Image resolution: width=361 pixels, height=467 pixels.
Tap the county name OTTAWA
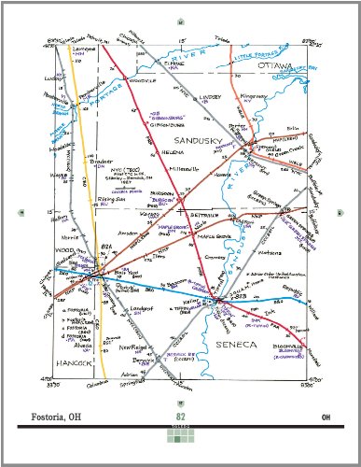(276, 66)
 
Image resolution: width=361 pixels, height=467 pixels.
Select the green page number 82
(181, 416)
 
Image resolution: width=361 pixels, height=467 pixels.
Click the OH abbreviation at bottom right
(326, 416)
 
